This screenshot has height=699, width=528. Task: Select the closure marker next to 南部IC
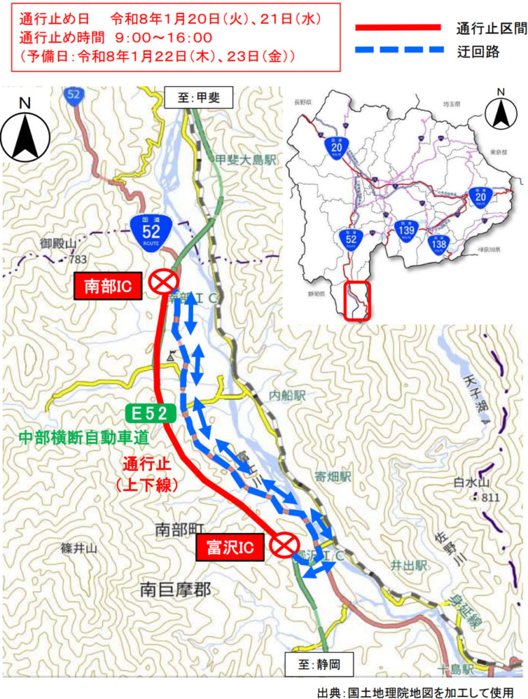click(x=164, y=281)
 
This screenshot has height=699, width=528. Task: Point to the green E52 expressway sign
click(x=150, y=412)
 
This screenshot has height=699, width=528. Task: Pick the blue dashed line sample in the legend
click(x=398, y=51)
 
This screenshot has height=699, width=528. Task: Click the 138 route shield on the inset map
click(x=440, y=244)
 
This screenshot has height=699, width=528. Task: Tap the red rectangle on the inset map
click(x=358, y=301)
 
